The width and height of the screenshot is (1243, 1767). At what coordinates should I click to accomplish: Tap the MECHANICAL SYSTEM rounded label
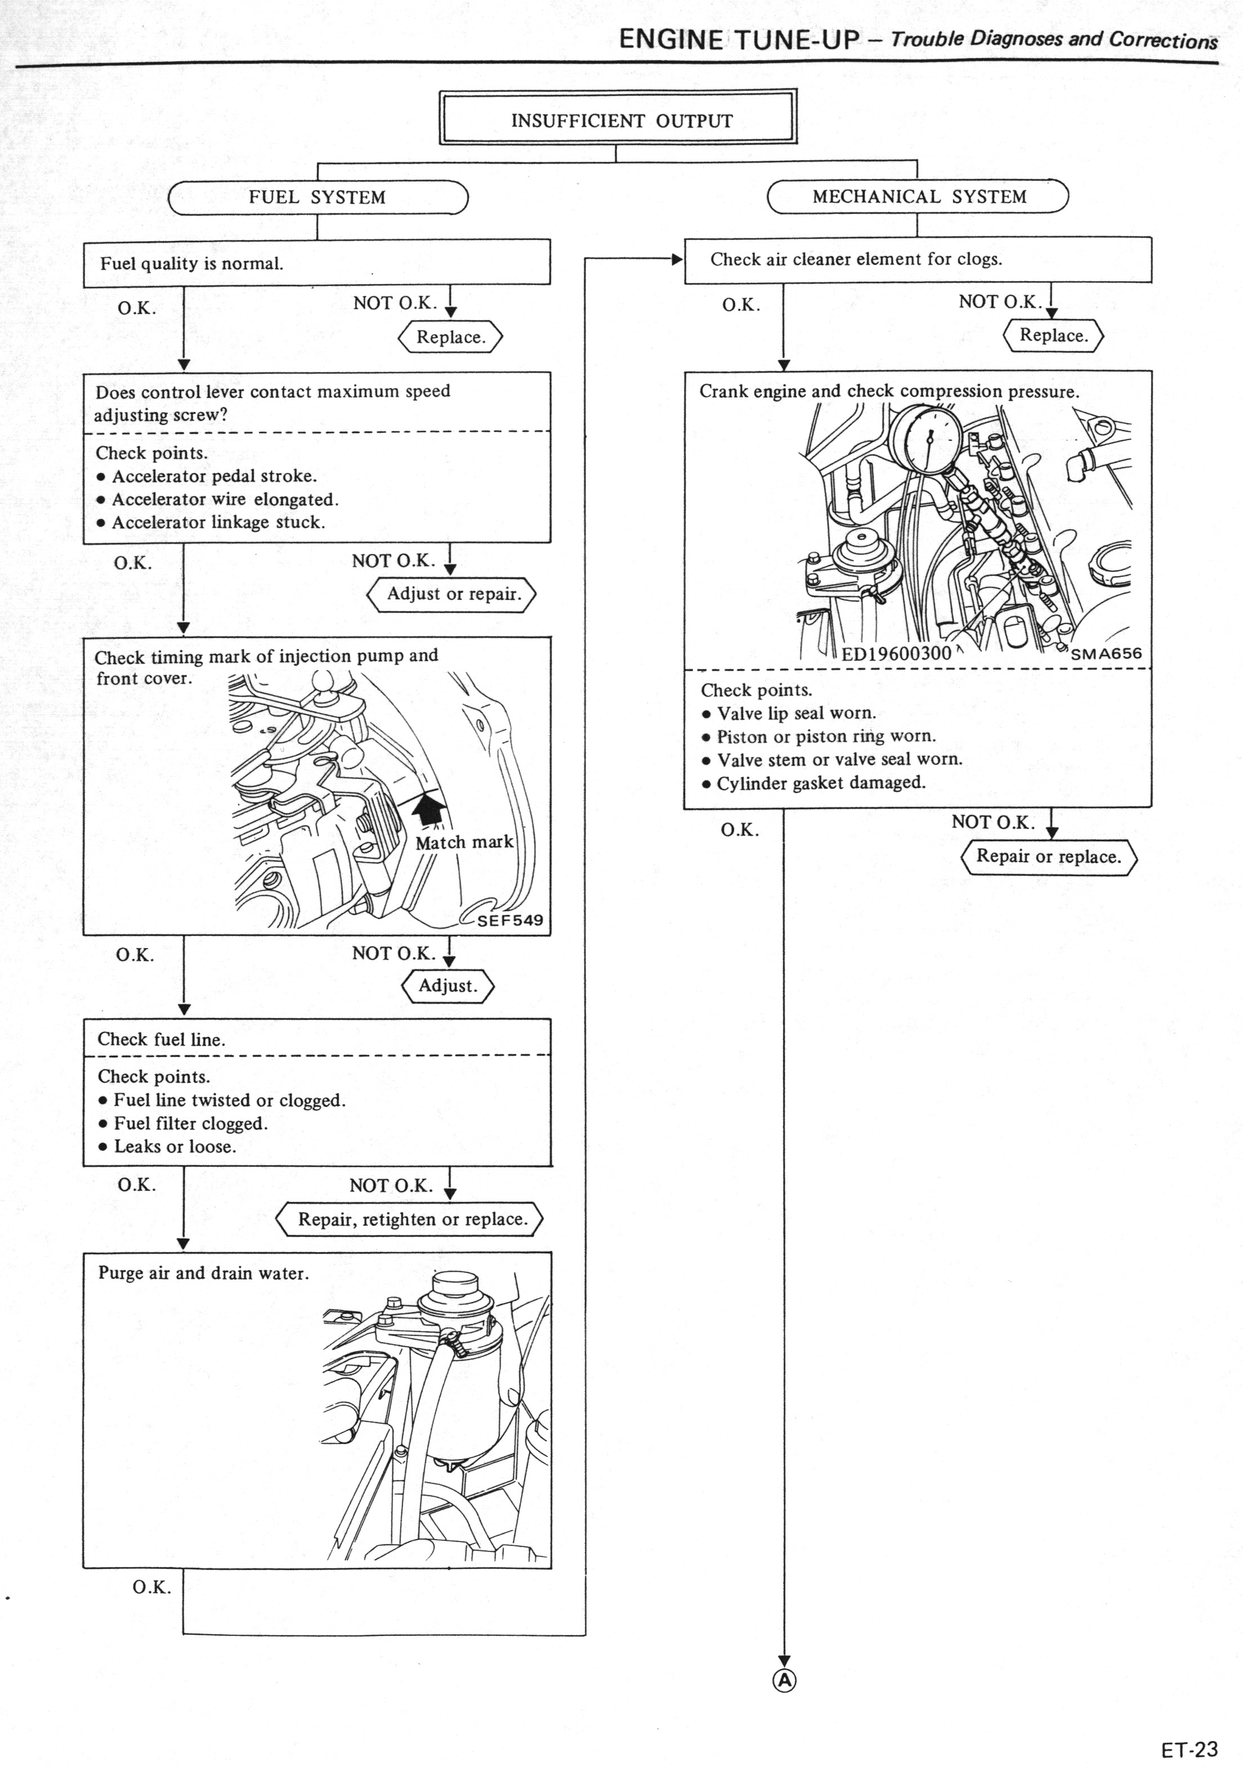pos(918,196)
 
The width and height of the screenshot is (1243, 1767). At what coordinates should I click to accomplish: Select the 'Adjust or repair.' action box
pos(453,594)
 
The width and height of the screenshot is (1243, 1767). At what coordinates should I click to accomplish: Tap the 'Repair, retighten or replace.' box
pos(411,1219)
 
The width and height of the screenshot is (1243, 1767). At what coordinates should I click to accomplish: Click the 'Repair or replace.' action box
pos(1048,856)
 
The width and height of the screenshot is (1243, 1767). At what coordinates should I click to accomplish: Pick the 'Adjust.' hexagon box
pos(447,986)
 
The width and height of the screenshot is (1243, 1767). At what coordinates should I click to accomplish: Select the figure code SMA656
pos(1106,653)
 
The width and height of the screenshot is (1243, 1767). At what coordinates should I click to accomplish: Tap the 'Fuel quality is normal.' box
pos(316,263)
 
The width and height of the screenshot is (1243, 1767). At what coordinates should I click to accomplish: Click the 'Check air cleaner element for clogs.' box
pos(918,259)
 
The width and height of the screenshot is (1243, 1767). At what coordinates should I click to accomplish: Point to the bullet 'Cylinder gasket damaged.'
pos(820,783)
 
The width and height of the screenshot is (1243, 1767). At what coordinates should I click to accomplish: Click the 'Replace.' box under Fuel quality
pos(450,337)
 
